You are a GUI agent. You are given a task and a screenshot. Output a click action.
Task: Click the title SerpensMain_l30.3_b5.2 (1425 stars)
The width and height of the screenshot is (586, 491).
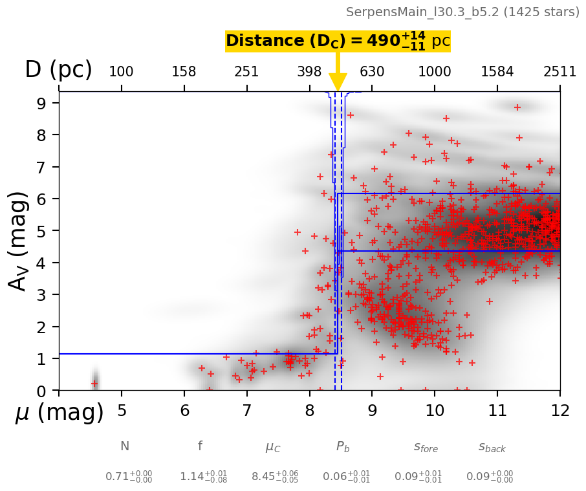coord(462,12)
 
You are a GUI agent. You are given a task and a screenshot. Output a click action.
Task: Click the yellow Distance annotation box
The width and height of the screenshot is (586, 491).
coord(338,41)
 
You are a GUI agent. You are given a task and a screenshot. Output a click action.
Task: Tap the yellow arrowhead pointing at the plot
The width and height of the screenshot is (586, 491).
coord(338,82)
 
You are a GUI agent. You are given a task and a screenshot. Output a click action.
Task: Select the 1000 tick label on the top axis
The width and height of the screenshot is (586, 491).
coord(435,71)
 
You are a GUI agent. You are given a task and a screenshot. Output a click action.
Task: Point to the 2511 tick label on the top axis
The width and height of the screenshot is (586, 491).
coord(559,71)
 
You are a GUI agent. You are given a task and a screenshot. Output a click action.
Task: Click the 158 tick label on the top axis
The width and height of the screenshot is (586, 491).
coord(184,71)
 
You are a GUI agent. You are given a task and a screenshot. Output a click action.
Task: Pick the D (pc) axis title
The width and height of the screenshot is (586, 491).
coord(58,70)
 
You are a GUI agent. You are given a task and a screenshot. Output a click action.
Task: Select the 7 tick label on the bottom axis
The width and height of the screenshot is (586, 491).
coord(246,411)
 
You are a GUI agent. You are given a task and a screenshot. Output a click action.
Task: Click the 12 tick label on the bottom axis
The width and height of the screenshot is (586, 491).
coord(559,411)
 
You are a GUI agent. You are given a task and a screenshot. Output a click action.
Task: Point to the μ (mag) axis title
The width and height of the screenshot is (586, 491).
coord(60,413)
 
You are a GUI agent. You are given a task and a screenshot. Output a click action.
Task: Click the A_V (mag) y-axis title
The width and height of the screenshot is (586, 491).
coord(19,241)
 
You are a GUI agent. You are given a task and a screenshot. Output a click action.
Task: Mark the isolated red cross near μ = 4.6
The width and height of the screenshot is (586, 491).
coord(94,384)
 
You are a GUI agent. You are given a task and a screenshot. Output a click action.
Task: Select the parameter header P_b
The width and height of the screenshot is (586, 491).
coord(343,446)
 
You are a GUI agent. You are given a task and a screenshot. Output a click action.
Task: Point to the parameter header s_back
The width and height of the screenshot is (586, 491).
coord(492,447)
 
